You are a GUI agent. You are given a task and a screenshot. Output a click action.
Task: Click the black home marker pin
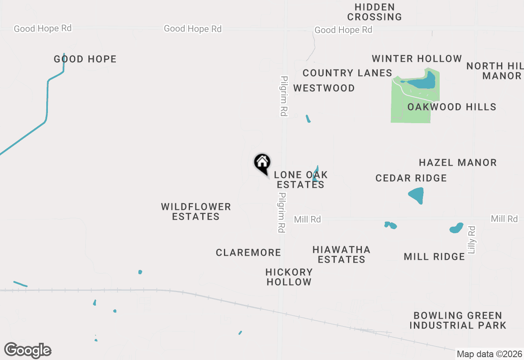[262, 163]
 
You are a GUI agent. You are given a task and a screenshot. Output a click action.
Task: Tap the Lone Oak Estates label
[300, 180]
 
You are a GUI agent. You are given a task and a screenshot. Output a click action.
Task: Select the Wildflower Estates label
[196, 211]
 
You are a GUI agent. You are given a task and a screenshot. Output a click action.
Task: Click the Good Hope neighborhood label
[85, 59]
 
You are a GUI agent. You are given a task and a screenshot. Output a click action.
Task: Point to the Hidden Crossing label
[375, 12]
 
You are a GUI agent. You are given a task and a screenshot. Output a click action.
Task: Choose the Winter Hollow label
[417, 59]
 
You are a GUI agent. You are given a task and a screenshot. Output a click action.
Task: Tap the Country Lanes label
[347, 73]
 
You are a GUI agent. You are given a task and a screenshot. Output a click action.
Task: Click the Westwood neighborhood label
[324, 88]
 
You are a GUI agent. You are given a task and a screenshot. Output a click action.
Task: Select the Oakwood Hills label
[452, 107]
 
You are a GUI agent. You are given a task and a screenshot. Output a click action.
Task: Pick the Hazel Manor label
[458, 163]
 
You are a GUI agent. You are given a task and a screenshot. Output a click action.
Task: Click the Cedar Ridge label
[411, 178]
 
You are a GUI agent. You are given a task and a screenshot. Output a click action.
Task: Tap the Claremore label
[248, 253]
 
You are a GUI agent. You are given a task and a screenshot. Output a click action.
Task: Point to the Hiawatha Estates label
[341, 254]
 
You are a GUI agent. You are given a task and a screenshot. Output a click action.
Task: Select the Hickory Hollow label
[289, 277]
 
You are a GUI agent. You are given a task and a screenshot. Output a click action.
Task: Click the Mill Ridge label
[434, 257]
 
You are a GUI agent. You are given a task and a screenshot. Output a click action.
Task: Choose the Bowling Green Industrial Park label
[458, 321]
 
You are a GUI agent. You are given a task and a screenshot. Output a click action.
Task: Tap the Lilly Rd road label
[472, 240]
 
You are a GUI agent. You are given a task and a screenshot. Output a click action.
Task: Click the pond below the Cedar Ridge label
[417, 195]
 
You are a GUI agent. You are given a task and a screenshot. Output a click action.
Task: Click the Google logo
[28, 351]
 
